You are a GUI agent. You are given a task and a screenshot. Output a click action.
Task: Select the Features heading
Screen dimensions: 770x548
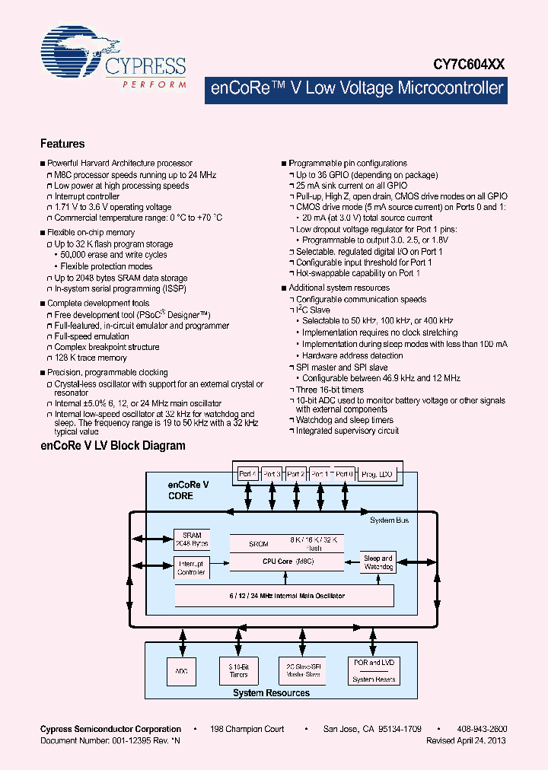pos(62,144)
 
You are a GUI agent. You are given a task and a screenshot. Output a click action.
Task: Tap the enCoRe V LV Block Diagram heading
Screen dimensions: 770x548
pos(113,446)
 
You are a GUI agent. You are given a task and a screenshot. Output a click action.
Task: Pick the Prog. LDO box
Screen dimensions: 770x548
pos(377,473)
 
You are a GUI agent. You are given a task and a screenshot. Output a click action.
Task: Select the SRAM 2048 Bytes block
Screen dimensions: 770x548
pos(190,539)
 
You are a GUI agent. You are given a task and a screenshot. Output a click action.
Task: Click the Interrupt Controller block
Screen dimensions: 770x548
pos(190,568)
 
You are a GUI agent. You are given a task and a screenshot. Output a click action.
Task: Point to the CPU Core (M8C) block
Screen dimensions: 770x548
pos(282,561)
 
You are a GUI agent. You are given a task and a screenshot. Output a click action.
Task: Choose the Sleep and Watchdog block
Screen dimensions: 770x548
pos(378,563)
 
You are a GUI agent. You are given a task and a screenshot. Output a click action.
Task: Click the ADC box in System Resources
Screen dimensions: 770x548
pos(180,670)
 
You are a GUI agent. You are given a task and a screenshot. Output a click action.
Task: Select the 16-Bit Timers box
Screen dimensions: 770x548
pos(239,670)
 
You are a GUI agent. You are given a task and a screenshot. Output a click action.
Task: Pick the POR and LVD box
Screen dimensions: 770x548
pos(374,670)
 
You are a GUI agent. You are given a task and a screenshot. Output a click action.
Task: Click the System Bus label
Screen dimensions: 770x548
pos(389,520)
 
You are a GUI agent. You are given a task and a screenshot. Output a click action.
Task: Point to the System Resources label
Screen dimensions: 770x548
pos(272,693)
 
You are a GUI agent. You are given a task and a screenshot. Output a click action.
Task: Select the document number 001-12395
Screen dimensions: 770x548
pos(123,740)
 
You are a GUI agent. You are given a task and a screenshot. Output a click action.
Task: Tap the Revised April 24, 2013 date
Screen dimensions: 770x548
pos(466,740)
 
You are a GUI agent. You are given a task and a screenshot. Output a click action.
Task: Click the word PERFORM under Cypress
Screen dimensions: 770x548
pos(155,84)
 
